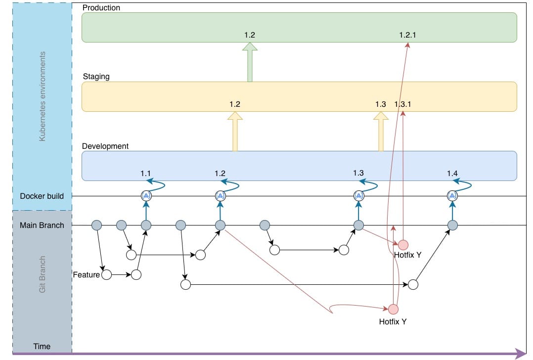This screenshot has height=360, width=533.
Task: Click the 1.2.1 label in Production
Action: [x=407, y=35]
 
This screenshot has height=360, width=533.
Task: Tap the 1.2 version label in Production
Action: [x=250, y=35]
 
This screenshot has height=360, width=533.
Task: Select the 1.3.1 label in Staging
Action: [x=403, y=104]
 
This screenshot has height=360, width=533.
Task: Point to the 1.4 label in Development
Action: [x=452, y=174]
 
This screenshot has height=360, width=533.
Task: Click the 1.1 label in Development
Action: [x=145, y=174]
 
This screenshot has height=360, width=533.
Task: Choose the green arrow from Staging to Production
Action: [x=250, y=62]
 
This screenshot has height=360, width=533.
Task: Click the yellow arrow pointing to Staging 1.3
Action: [x=381, y=132]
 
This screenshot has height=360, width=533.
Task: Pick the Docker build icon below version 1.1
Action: [x=146, y=196]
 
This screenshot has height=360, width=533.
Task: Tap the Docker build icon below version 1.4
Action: [x=452, y=196]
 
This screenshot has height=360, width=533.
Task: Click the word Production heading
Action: [x=101, y=8]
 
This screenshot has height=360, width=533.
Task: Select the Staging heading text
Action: [x=96, y=77]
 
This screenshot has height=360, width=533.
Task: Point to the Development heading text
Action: [x=105, y=146]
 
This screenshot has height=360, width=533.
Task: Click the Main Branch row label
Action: [x=42, y=225]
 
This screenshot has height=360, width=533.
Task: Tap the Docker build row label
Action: [x=42, y=196]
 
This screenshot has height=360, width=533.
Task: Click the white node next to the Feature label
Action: [x=106, y=274]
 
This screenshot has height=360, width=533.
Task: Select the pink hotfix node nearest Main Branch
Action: [x=403, y=245]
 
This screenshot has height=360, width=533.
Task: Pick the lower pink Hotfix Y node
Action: [x=393, y=309]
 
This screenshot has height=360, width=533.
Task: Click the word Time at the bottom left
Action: [x=42, y=347]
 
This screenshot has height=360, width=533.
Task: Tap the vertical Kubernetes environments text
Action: [x=42, y=96]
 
